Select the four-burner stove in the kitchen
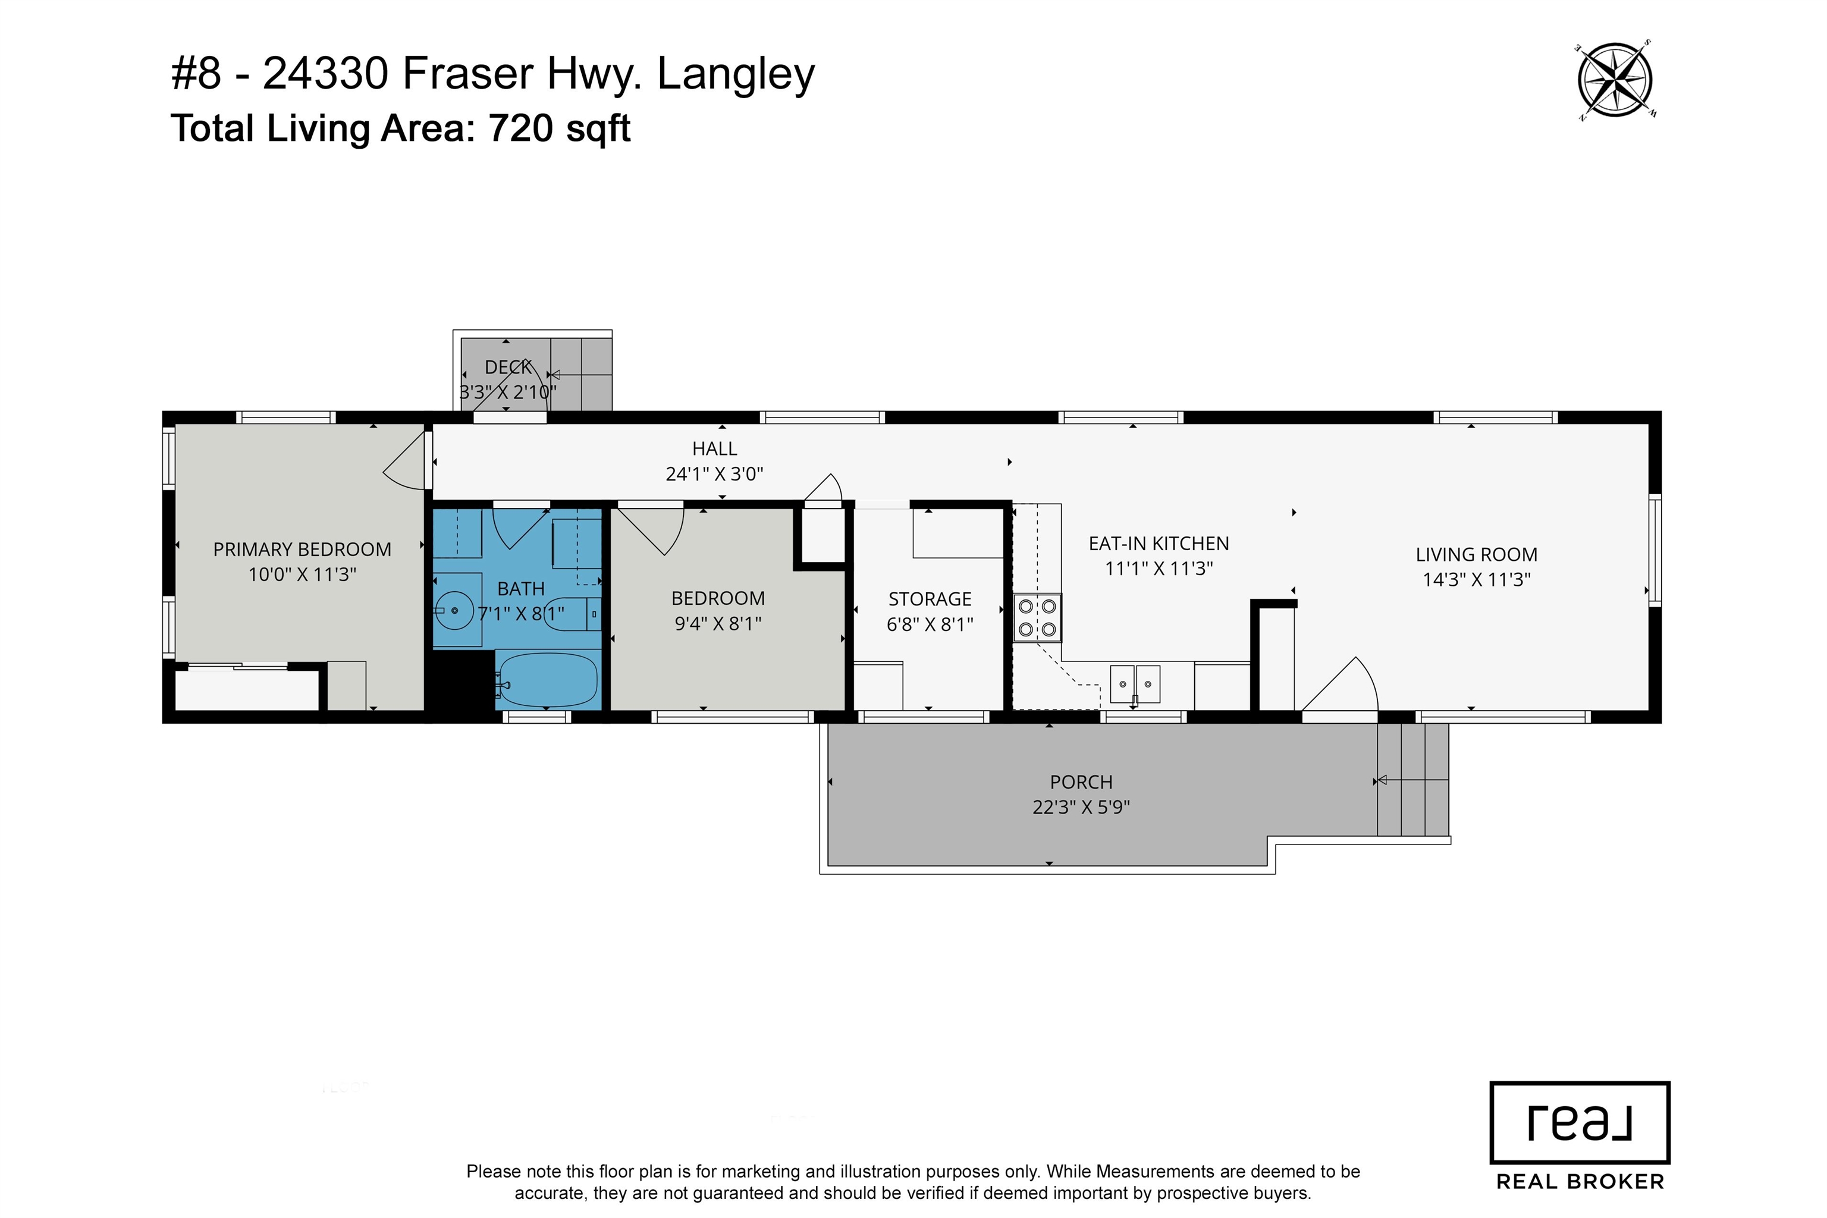(1037, 617)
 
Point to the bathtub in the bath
(548, 680)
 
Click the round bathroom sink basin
(454, 611)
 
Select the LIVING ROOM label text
(1476, 555)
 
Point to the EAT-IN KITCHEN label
(1159, 544)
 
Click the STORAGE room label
(930, 599)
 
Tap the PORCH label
(1081, 782)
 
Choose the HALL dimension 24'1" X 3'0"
(715, 474)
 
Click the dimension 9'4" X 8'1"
(718, 624)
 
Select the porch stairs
(1413, 779)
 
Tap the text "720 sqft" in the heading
(559, 128)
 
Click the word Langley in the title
(736, 76)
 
